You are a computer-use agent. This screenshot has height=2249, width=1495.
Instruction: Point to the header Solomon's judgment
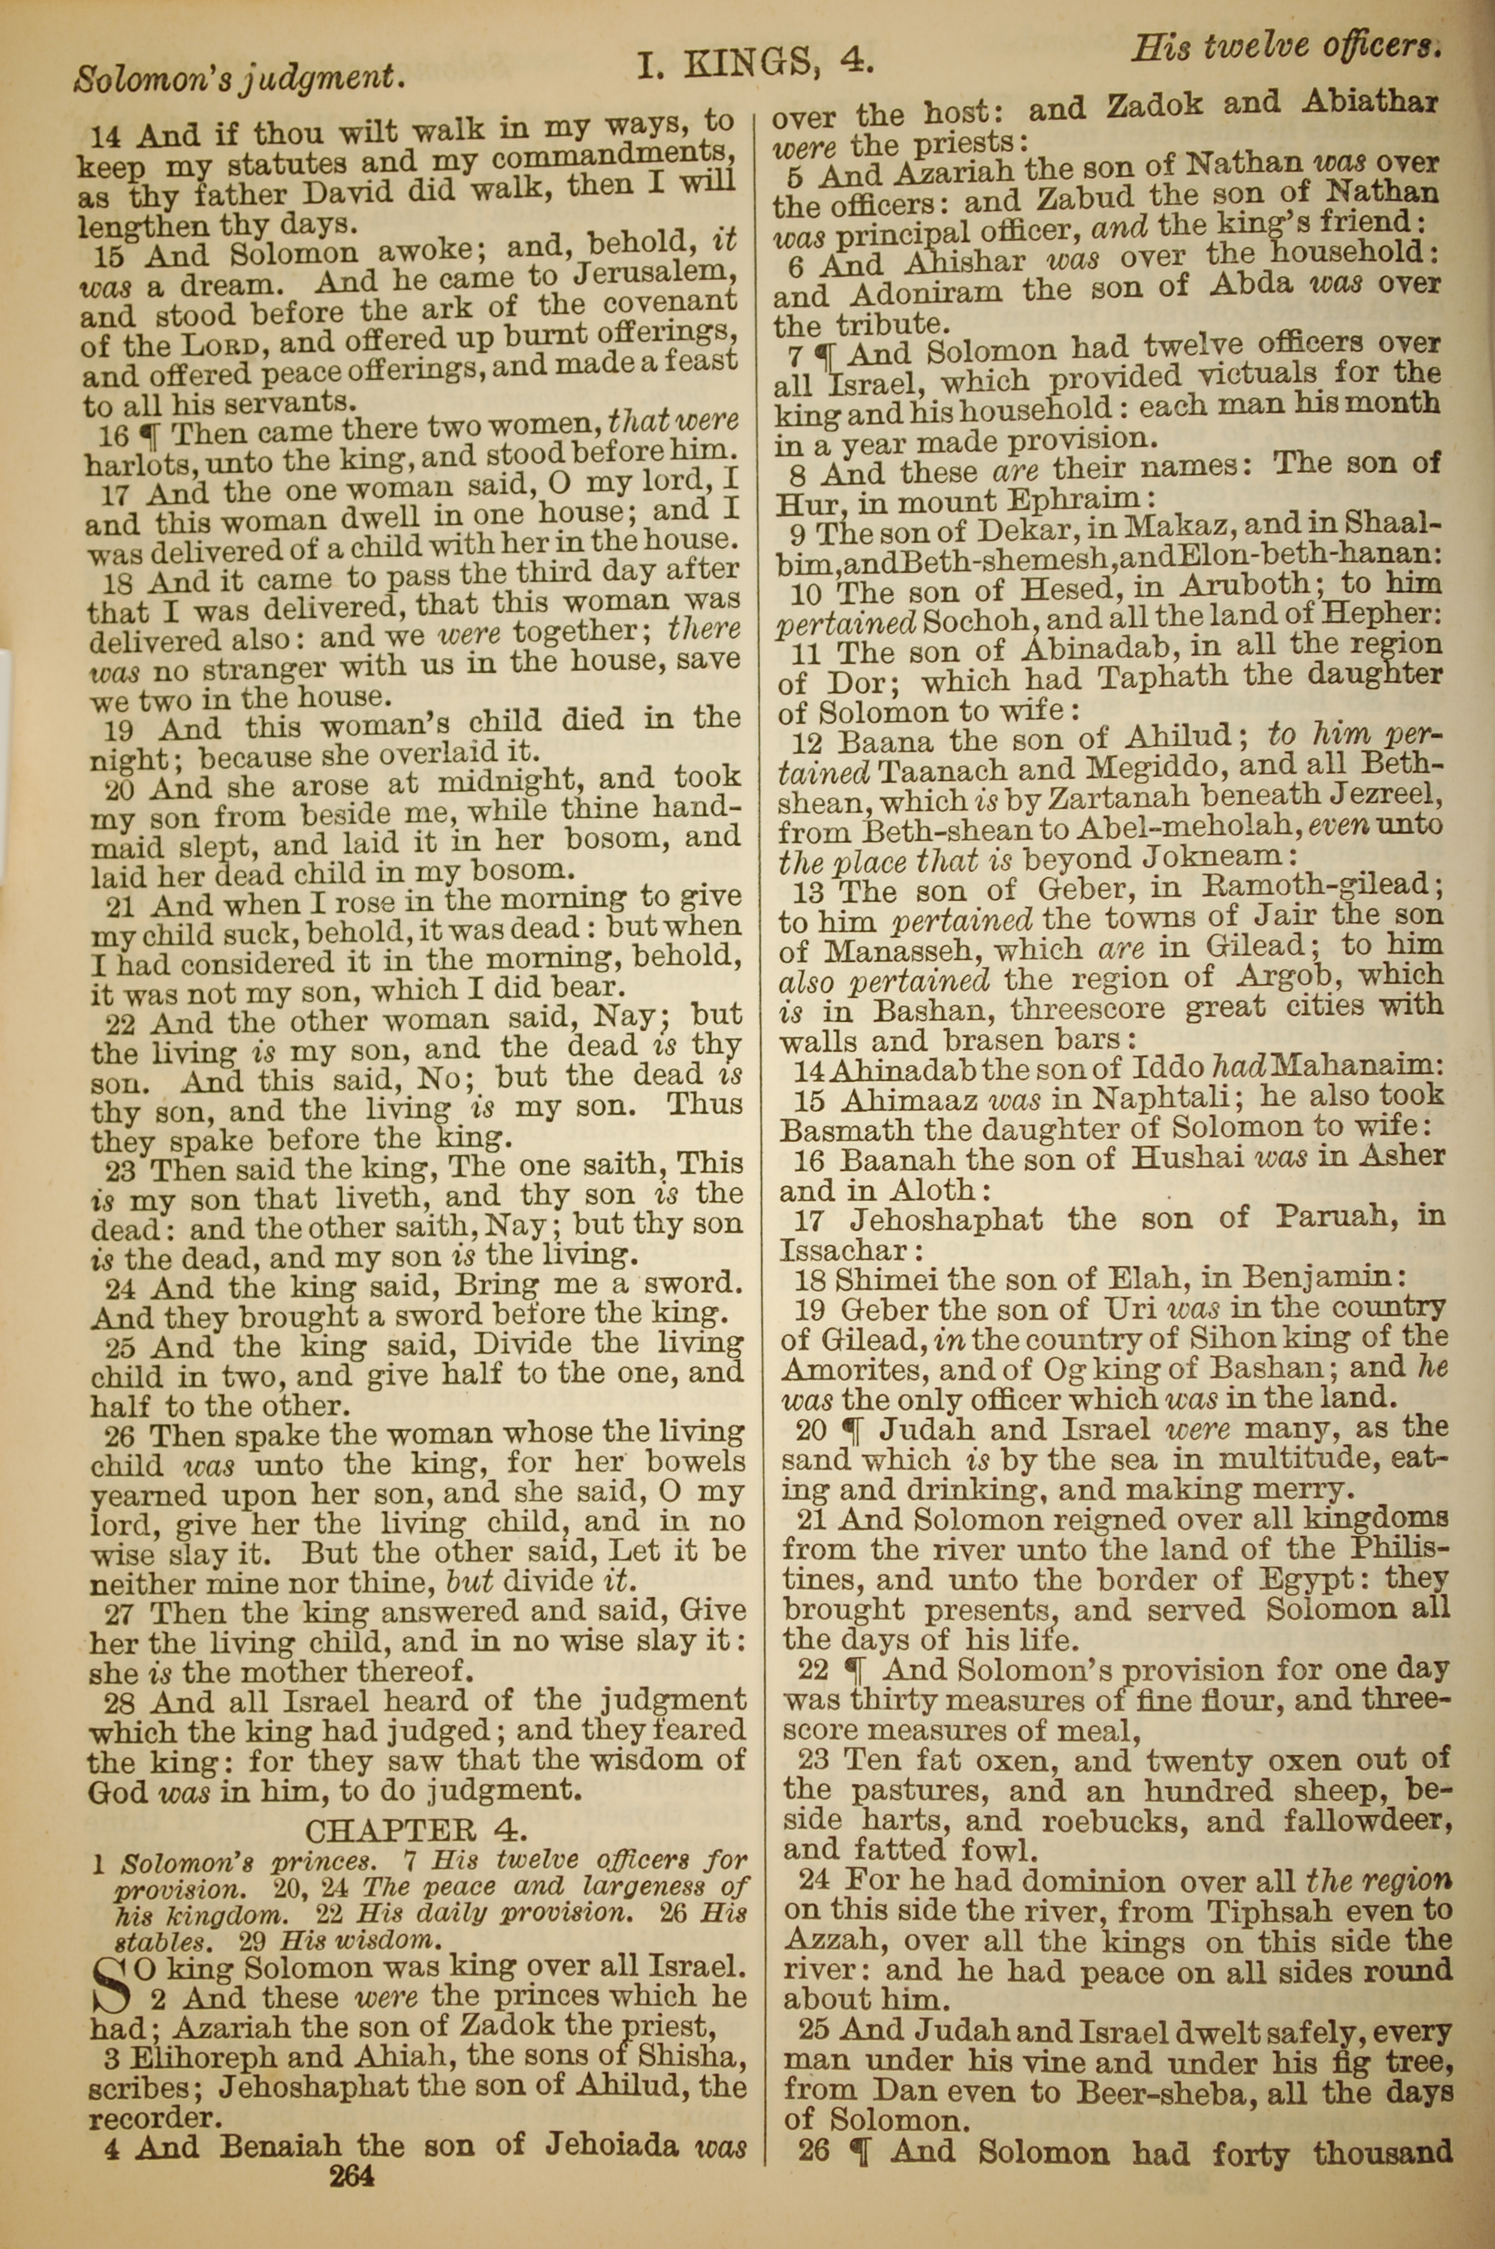point(240,76)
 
